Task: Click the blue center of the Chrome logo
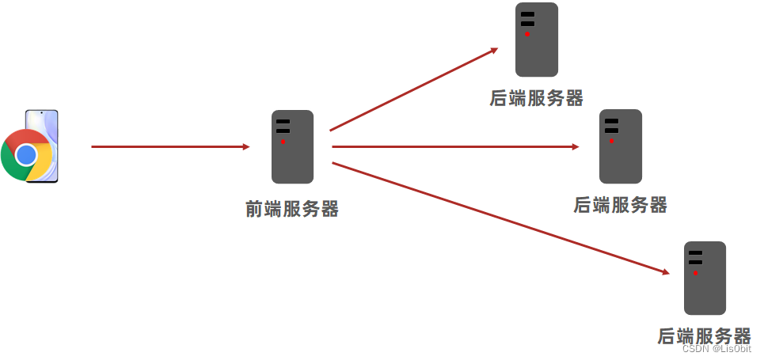(26, 153)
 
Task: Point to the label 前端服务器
(292, 209)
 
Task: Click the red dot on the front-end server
(283, 142)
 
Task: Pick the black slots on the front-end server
(283, 126)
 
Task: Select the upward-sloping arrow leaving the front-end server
(412, 89)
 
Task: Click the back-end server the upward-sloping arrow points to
(536, 40)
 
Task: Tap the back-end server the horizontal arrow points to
(620, 146)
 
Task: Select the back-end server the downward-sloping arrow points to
(705, 278)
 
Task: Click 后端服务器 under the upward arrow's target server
(536, 98)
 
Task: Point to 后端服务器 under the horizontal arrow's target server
(620, 205)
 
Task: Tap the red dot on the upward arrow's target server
(527, 34)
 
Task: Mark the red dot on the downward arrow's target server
(695, 273)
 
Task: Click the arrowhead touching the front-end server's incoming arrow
(245, 146)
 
